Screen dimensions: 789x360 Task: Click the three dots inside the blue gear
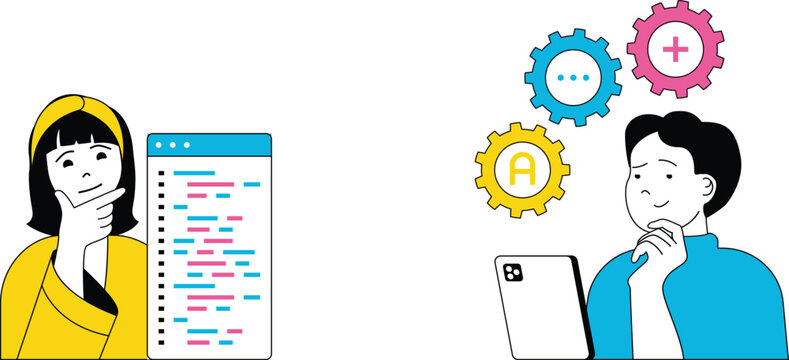573,77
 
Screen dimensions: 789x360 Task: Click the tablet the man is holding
540,310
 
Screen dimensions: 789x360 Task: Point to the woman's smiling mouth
88,186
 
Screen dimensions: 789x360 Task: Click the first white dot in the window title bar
159,146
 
